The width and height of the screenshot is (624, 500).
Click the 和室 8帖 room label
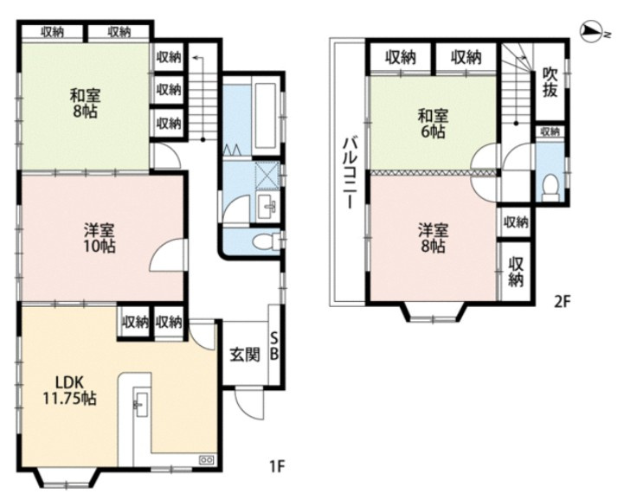(85, 104)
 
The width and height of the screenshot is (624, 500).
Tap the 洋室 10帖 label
(100, 238)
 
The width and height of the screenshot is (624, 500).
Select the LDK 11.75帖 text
(69, 390)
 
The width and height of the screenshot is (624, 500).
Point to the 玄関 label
(245, 355)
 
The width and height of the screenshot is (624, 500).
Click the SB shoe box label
(274, 347)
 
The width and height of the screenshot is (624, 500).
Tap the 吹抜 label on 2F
(550, 83)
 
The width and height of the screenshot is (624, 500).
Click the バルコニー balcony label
(351, 172)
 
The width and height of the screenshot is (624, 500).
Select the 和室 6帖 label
(433, 124)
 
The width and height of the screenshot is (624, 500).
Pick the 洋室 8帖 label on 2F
(433, 238)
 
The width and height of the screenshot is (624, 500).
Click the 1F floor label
(277, 465)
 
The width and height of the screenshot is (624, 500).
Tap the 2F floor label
(563, 302)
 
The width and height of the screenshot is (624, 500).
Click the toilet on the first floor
(266, 241)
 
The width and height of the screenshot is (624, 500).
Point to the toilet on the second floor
(550, 188)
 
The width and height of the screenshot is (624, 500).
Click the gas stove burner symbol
(207, 460)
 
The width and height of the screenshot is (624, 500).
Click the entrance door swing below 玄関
(249, 403)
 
